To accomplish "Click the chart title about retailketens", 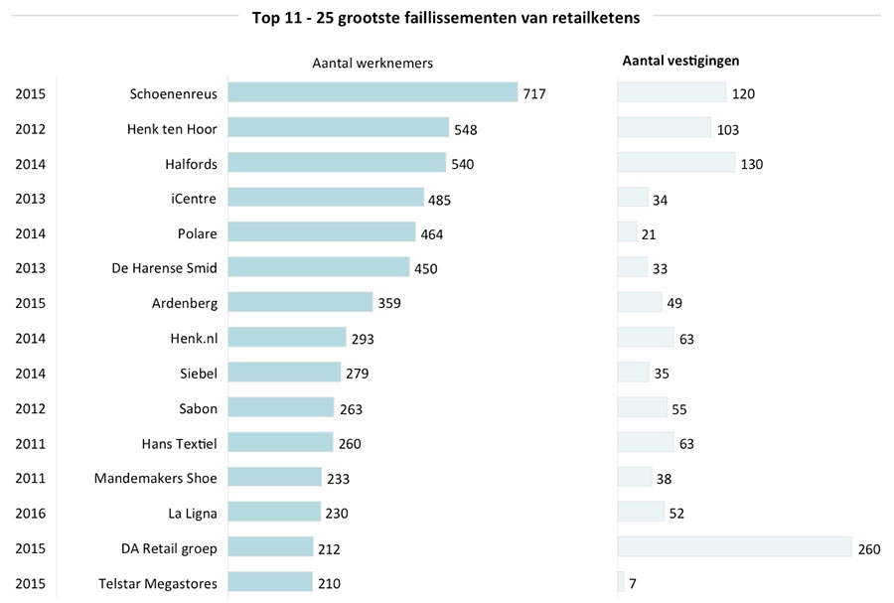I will pyautogui.click(x=446, y=16).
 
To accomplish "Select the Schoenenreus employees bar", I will pyautogui.click(x=372, y=93).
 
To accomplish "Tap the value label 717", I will pyautogui.click(x=534, y=94).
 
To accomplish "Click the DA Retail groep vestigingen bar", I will pyautogui.click(x=734, y=547).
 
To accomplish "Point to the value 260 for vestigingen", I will pyautogui.click(x=868, y=549).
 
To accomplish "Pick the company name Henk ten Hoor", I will pyautogui.click(x=172, y=129).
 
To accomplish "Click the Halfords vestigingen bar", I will pyautogui.click(x=675, y=163).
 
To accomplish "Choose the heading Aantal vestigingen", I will pyautogui.click(x=680, y=61).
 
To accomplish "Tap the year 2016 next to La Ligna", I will pyautogui.click(x=30, y=513).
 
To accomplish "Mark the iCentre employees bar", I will pyautogui.click(x=326, y=198).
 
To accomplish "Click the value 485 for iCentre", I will pyautogui.click(x=439, y=200).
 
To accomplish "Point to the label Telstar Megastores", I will pyautogui.click(x=158, y=582).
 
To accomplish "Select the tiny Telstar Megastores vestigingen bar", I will pyautogui.click(x=621, y=582).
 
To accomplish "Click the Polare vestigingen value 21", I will pyautogui.click(x=649, y=234).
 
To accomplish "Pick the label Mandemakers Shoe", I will pyautogui.click(x=155, y=478).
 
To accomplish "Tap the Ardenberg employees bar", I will pyautogui.click(x=300, y=302).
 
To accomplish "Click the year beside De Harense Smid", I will pyautogui.click(x=30, y=268).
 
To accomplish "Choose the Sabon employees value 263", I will pyautogui.click(x=351, y=409).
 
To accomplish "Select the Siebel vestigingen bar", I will pyautogui.click(x=634, y=373).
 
